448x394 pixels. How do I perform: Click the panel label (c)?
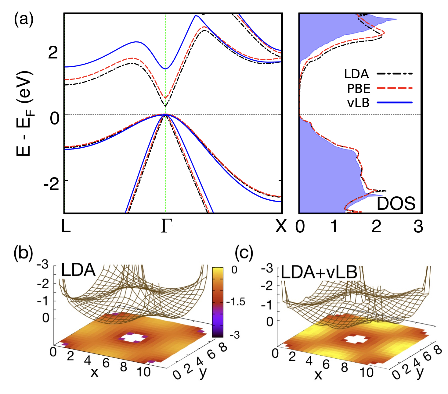point(244,253)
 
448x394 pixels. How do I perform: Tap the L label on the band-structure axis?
point(66,226)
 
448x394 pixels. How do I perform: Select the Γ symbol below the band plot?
point(166,226)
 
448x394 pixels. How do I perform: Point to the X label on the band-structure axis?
point(281,226)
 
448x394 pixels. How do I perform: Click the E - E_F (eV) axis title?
point(24,113)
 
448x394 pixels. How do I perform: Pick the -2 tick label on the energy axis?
point(51,185)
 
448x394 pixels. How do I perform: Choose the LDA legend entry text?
point(356,74)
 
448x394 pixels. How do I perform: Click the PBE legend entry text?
point(359,89)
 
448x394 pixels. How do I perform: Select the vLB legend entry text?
point(358,103)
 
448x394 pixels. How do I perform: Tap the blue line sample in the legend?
point(395,103)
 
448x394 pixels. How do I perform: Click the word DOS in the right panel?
point(396,203)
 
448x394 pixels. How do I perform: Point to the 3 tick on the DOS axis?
point(418,227)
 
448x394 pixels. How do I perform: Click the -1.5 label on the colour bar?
point(236,302)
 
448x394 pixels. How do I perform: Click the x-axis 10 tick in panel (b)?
point(143,372)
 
